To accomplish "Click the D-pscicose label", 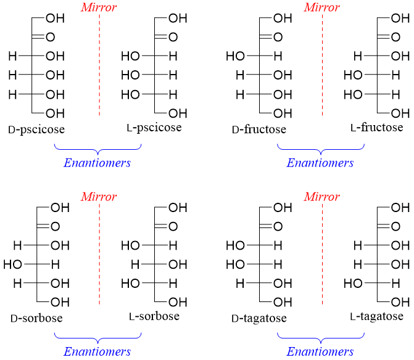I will [36, 130].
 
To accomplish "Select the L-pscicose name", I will [154, 128].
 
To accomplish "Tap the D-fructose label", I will [259, 130].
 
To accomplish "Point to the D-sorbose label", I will [36, 319].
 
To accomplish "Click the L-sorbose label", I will [154, 316].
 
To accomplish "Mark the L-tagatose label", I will [376, 316].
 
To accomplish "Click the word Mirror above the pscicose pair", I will [99, 8].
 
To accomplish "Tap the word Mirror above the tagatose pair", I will [321, 197].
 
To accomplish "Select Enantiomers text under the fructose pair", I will [320, 163].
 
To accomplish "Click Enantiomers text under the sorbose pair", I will [97, 352].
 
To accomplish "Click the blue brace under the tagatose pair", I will [320, 337].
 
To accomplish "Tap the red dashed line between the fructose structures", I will [322, 68].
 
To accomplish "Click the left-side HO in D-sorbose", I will [12, 264].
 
